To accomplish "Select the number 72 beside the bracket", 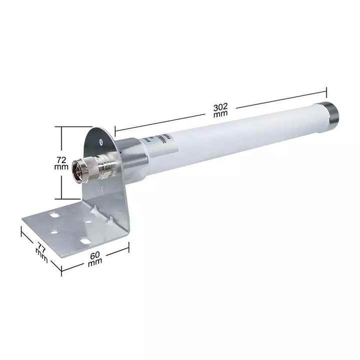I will coord(62,159).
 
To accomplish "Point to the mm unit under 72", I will coord(62,166).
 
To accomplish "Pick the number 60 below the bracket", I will coord(96,255).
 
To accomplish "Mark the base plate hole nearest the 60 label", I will coord(85,241).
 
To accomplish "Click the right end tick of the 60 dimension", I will coord(129,247).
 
